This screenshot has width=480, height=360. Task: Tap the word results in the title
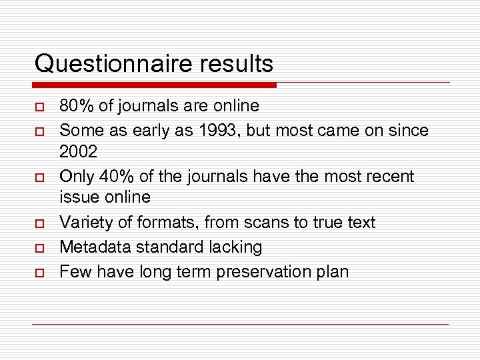pos(232,64)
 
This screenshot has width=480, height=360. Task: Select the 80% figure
pos(75,105)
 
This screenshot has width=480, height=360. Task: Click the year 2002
pos(78,151)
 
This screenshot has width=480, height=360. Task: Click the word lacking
pos(235,247)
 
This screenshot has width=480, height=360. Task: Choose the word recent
pos(388,177)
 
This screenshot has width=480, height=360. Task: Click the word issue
pos(77,197)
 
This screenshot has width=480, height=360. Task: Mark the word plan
pos(331,272)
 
